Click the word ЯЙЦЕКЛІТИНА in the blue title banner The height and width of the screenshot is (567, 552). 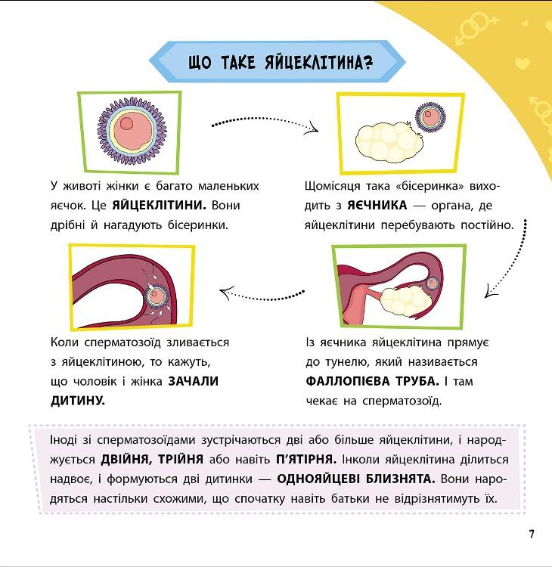313,62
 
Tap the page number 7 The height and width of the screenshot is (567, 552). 532,534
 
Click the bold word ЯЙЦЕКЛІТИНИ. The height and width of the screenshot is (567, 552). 159,206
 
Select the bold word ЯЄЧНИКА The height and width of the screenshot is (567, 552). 377,206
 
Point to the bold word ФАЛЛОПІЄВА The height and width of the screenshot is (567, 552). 348,381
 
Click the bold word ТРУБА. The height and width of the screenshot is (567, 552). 417,381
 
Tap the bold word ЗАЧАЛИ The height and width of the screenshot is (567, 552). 194,381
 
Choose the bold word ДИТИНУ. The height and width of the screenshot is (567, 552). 78,401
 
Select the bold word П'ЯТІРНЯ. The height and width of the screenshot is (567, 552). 306,460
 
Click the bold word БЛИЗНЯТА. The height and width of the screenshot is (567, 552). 401,479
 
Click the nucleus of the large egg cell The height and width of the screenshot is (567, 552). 126,123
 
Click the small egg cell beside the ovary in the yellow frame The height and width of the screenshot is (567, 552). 430,117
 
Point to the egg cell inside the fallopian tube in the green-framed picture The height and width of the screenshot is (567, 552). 433,283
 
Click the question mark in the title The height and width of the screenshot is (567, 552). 367,63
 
